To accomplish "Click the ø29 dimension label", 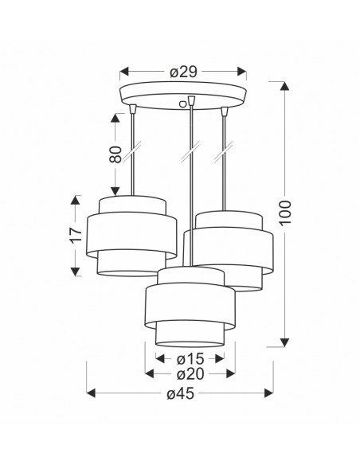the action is point(183,72).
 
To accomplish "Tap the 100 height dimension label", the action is point(285,213).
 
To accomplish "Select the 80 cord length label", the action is point(115,154).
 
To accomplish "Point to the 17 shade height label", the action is point(76,235).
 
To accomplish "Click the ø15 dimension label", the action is point(190,359).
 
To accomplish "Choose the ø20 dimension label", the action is point(190,374).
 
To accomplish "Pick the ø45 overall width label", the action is point(180,393).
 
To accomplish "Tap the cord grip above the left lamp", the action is point(133,109).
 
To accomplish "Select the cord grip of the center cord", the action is point(192,100).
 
